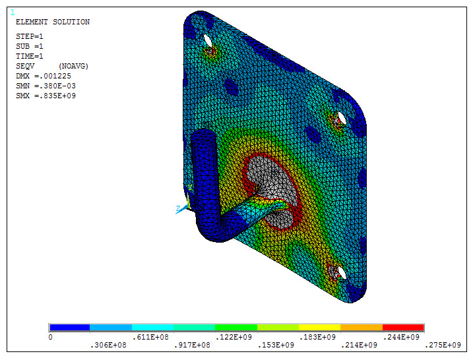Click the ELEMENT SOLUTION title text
pos(52,22)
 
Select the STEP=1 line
pos(30,36)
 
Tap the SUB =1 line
pos(30,46)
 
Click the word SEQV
pos(26,67)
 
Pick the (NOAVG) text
pos(73,67)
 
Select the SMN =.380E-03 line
pos(44,86)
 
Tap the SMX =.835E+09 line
pos(44,96)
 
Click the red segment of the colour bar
pos(403,328)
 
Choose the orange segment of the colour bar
pos(362,328)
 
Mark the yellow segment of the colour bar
pos(319,328)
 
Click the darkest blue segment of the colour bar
pos(69,328)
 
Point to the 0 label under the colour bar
pos(51,337)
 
